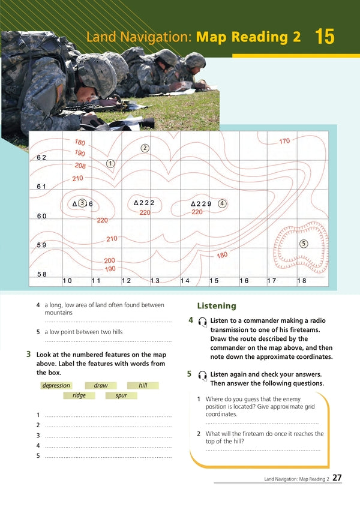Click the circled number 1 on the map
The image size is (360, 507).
click(x=110, y=163)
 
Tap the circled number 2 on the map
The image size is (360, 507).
click(x=145, y=148)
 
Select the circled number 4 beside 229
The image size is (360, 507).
click(x=222, y=203)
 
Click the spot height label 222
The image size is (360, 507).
click(x=144, y=203)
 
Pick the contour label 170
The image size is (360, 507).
click(x=284, y=141)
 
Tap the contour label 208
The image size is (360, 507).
click(x=80, y=166)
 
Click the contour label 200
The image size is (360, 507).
click(x=109, y=261)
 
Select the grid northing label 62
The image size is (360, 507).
click(x=41, y=157)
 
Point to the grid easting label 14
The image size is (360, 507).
click(x=185, y=281)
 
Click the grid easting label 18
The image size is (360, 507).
click(x=301, y=281)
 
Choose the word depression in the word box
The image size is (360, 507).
click(x=56, y=385)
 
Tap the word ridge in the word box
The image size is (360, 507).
click(x=79, y=395)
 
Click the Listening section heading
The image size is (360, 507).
click(x=217, y=306)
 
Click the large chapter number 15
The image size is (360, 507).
click(x=324, y=37)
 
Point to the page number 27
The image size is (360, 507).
click(x=337, y=478)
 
